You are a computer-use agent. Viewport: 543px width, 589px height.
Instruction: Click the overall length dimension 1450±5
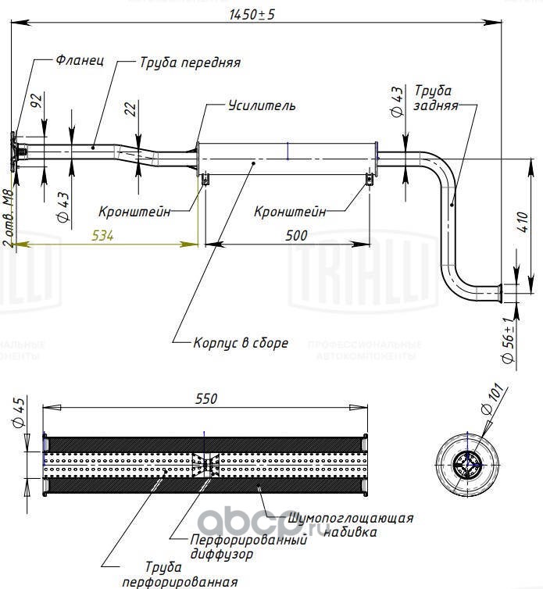[252, 14]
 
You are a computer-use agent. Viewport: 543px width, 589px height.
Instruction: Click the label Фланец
[80, 60]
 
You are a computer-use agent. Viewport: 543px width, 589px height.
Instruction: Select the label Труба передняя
[190, 62]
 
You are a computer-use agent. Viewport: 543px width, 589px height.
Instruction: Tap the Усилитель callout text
[262, 105]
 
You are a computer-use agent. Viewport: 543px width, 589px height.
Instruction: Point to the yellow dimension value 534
[102, 236]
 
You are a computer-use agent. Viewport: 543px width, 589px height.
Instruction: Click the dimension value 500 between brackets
[296, 236]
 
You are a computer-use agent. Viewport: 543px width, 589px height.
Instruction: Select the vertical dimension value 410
[523, 222]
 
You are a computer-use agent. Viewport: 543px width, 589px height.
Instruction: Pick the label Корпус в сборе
[241, 343]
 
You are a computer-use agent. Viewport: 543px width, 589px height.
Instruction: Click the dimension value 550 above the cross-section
[206, 398]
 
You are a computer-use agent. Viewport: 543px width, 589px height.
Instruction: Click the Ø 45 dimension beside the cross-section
[20, 412]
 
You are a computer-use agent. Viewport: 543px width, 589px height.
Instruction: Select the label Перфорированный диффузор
[248, 547]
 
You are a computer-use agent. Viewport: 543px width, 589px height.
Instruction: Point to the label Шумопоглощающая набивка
[350, 525]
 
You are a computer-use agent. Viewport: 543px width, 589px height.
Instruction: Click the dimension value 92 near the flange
[37, 101]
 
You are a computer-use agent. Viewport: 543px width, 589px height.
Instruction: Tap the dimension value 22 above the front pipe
[130, 109]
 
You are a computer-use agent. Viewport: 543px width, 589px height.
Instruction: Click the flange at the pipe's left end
[13, 152]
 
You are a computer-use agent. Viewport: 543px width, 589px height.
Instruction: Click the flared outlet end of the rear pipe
[500, 293]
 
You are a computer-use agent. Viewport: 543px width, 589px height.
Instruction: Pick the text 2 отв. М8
[9, 218]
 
